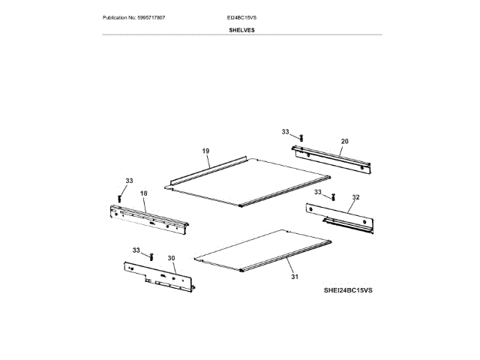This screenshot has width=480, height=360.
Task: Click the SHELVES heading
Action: coord(241,30)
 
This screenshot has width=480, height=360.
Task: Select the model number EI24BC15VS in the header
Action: coord(241,16)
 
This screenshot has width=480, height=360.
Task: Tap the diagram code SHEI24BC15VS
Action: coord(348,289)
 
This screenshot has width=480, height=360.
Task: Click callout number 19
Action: coord(205,151)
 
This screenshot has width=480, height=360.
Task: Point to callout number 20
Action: coord(344,140)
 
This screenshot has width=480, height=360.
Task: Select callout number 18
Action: coord(144,193)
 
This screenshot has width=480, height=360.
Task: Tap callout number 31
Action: coord(295,277)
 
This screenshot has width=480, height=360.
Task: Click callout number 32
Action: coord(355,197)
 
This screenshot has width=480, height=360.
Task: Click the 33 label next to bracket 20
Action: coord(286,131)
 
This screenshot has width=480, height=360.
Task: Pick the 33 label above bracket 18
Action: coord(129,181)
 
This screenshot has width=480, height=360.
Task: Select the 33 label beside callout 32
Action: coord(318,192)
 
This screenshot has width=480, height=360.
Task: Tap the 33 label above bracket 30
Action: coord(136,249)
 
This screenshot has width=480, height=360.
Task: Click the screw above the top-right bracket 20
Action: coord(300,137)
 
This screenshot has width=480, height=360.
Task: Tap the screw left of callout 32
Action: coord(331,196)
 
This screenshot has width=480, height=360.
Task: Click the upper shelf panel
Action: coord(251,180)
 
